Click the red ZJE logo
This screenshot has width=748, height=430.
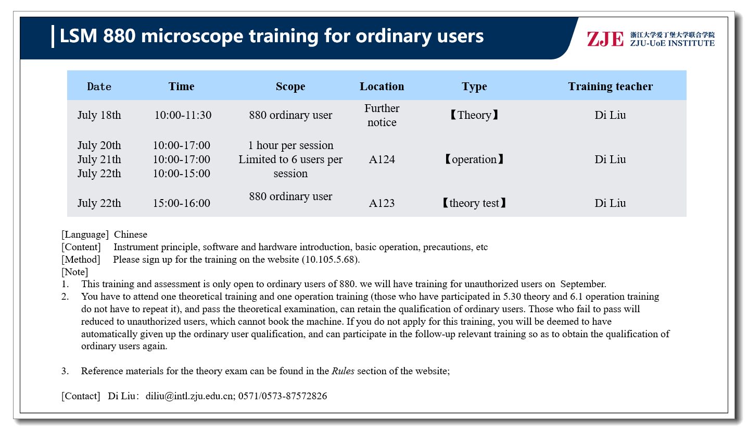(x=605, y=39)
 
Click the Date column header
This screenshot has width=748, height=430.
(x=99, y=87)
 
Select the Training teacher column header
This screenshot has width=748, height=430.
(x=610, y=87)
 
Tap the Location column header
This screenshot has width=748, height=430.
(x=382, y=87)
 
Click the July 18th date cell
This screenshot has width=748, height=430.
(x=99, y=115)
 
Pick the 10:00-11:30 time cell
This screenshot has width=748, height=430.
(x=183, y=115)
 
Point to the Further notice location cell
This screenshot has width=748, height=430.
(x=382, y=115)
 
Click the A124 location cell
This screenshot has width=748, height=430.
(x=382, y=159)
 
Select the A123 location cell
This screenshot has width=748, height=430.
(x=382, y=203)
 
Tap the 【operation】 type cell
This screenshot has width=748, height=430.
(x=474, y=159)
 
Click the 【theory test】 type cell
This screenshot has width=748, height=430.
(x=474, y=203)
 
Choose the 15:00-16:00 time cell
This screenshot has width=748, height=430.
(x=181, y=203)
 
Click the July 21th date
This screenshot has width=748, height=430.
(x=99, y=159)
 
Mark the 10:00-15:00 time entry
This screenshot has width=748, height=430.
(x=181, y=174)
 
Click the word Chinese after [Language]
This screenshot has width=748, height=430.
(x=131, y=235)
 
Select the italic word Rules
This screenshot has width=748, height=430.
(x=343, y=371)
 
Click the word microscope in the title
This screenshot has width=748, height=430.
(x=192, y=36)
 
